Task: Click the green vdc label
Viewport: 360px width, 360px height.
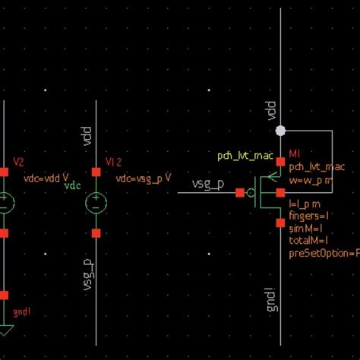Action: point(72,185)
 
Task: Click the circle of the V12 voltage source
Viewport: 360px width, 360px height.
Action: point(96,203)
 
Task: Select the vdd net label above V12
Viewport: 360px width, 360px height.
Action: point(86,138)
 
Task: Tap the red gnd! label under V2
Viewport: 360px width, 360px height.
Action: point(22,311)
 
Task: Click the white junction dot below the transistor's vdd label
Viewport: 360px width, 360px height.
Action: point(280,131)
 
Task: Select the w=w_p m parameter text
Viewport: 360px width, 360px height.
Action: point(310,180)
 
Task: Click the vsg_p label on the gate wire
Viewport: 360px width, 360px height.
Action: point(207,185)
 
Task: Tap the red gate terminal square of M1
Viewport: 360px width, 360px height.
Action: point(238,193)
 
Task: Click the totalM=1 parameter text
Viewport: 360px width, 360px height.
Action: point(309,241)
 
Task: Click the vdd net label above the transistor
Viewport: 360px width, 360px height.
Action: point(270,111)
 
